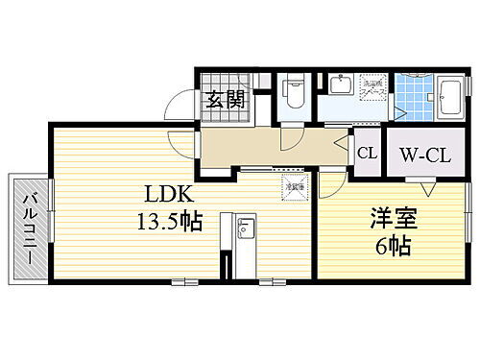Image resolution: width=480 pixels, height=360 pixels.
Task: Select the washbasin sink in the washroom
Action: pos(339,87)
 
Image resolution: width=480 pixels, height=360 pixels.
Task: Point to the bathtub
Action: pos(450,97)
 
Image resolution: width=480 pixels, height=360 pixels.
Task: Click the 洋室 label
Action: pos(391,217)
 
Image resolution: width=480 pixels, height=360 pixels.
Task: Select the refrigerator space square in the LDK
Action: pos(294,184)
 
